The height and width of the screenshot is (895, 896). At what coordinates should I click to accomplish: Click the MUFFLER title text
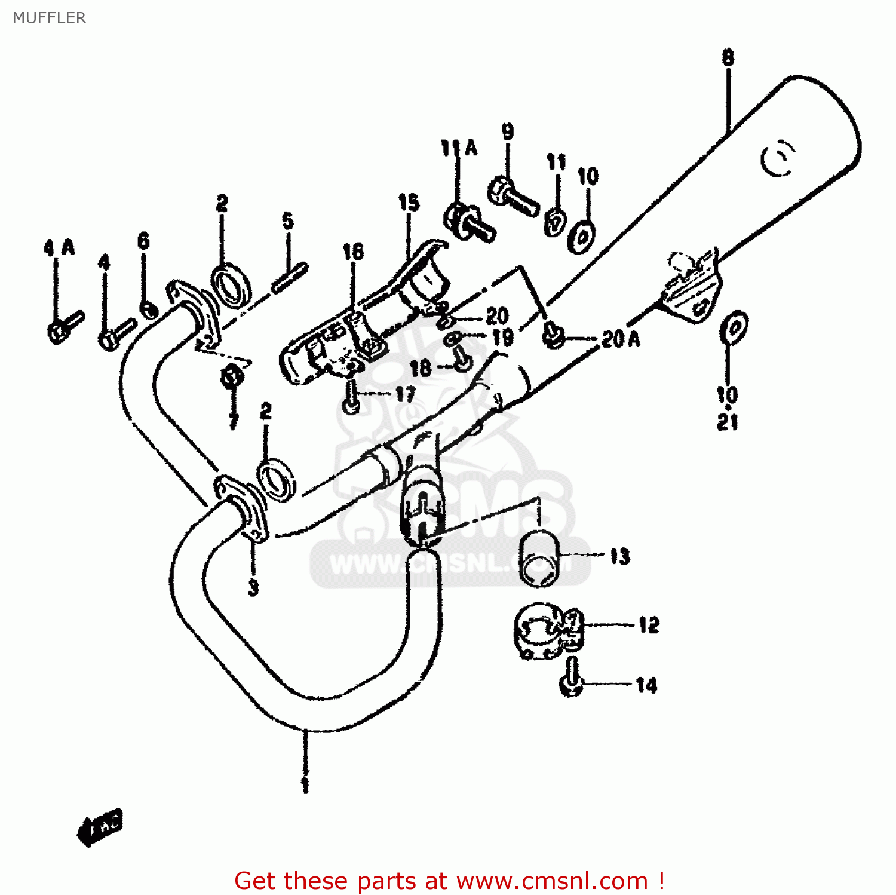49,18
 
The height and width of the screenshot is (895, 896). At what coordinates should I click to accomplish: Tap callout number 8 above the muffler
728,58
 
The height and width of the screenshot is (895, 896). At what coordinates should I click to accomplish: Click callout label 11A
459,148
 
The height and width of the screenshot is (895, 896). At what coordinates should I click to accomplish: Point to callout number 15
409,203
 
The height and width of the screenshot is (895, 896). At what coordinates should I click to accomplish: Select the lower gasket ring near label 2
276,479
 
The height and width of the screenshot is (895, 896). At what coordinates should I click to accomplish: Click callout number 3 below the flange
253,588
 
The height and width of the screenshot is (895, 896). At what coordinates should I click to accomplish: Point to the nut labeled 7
232,376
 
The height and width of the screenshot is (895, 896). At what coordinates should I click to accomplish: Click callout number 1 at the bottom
305,785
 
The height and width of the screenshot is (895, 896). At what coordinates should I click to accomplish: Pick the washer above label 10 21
734,327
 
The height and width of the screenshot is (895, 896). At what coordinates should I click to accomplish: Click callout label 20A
620,339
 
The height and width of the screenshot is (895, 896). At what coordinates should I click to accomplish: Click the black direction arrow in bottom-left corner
99,827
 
